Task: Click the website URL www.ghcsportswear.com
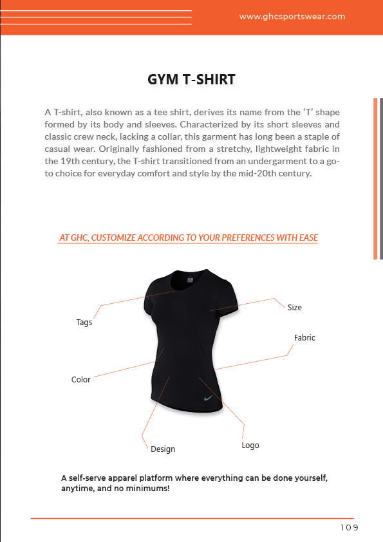(292, 17)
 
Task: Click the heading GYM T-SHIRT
(191, 80)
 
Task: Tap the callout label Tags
(84, 322)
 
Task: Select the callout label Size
(294, 308)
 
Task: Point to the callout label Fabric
(304, 337)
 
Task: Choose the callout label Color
(81, 380)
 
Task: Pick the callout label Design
(163, 449)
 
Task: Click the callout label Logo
(250, 445)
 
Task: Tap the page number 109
(349, 528)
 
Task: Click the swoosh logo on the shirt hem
(209, 398)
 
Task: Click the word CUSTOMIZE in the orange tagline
(113, 238)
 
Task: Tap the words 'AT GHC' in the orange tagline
(73, 238)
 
